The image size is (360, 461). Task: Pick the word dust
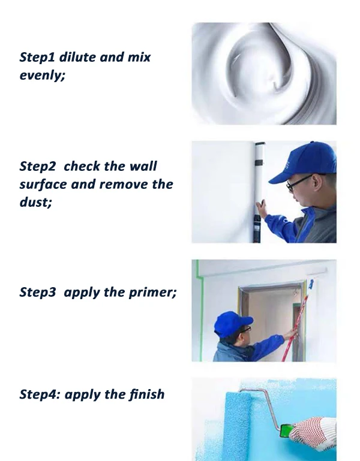tap(35, 202)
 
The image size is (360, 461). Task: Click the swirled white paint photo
tap(263, 73)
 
